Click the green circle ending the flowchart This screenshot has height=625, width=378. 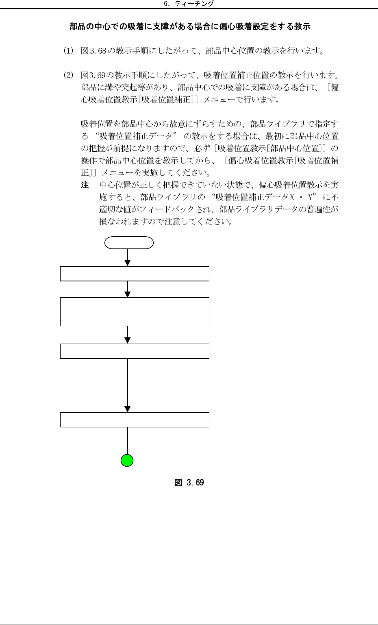127,460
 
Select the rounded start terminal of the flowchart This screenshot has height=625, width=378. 129,243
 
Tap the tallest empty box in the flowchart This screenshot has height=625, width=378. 135,312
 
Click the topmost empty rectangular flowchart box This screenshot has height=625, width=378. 135,274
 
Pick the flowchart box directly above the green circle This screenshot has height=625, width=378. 135,420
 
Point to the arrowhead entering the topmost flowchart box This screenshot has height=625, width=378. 128,263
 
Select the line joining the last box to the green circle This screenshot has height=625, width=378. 128,440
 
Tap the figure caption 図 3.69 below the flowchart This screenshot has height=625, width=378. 189,483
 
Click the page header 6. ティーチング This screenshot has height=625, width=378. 189,4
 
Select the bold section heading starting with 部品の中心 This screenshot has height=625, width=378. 190,27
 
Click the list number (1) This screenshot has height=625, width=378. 68,51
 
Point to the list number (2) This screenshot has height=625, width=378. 68,75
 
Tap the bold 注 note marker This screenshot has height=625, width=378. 85,185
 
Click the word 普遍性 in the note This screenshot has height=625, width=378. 323,210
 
